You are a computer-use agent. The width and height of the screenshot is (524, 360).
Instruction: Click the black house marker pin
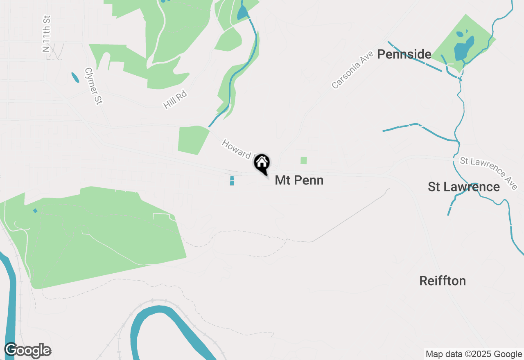[x=262, y=164]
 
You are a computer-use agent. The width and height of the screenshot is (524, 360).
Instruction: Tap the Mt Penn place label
[x=299, y=180]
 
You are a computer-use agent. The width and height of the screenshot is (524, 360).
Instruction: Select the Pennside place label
[x=404, y=54]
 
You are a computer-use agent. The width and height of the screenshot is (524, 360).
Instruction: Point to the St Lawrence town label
[x=463, y=187]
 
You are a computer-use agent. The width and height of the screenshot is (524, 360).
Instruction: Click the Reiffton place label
[x=443, y=281]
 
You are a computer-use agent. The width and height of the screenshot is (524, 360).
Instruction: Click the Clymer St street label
[x=93, y=86]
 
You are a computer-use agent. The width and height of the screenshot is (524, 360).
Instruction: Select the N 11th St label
[x=46, y=34]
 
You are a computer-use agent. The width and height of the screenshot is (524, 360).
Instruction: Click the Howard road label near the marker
[x=237, y=150]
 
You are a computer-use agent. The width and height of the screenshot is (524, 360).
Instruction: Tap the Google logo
[x=27, y=351]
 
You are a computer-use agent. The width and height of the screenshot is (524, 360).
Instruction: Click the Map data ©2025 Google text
[x=474, y=354]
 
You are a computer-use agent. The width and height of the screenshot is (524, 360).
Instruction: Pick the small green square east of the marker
[x=303, y=160]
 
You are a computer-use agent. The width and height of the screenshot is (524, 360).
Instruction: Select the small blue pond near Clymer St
[x=75, y=77]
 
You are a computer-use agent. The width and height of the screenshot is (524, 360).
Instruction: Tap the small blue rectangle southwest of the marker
[x=232, y=180]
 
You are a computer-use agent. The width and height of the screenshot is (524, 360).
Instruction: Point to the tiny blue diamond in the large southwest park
[x=35, y=211]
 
